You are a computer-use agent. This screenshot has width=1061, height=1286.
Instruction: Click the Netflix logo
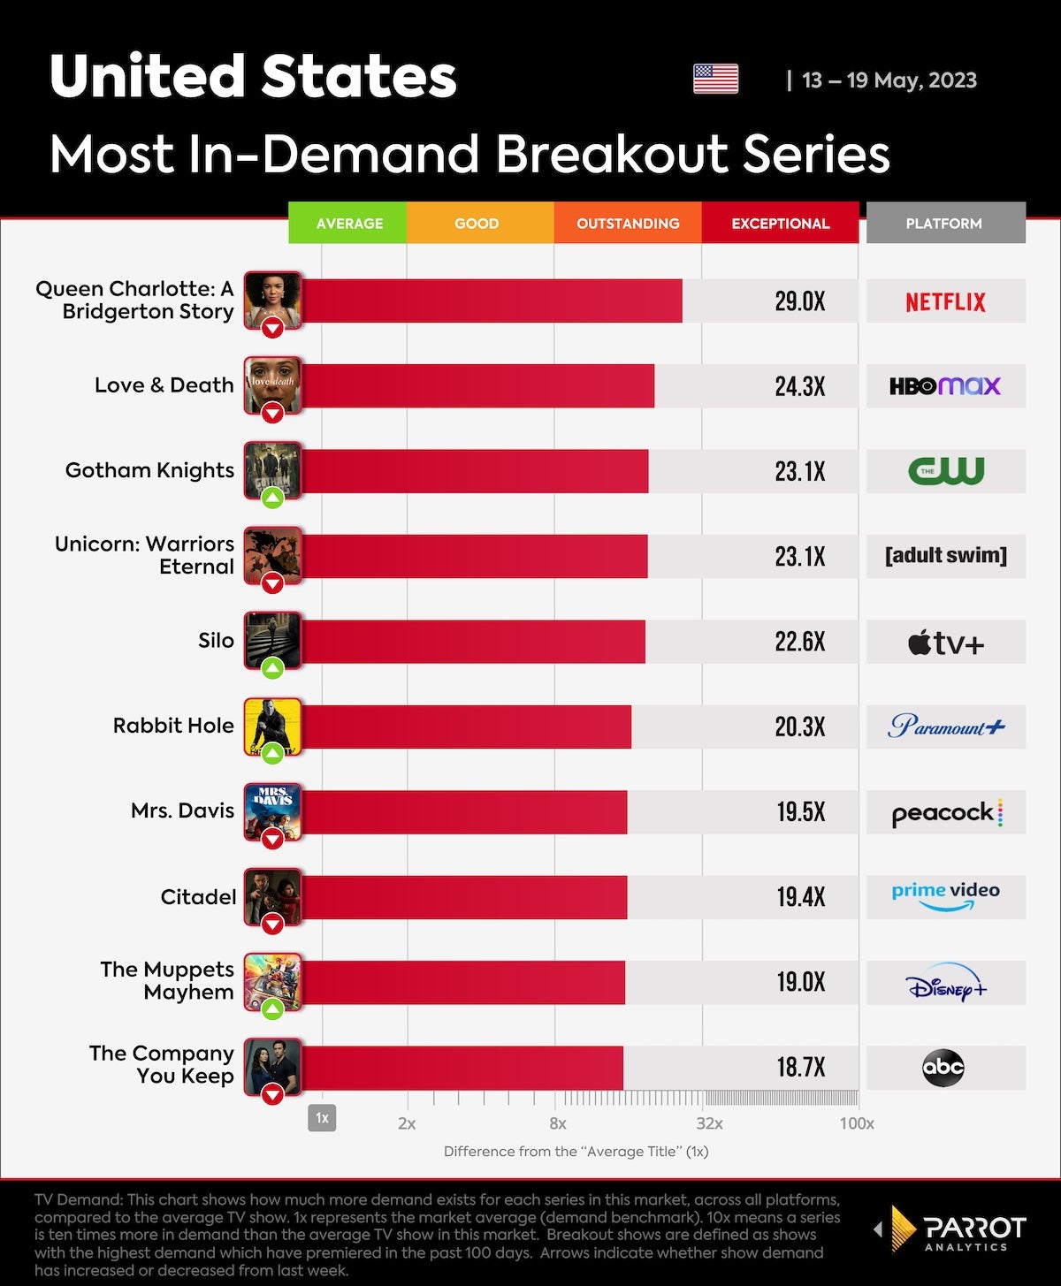(x=945, y=301)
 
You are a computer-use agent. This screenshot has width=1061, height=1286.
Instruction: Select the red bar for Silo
(x=473, y=642)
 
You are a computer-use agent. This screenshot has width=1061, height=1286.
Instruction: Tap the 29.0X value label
(x=799, y=301)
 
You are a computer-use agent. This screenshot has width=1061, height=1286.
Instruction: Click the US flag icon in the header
(x=715, y=80)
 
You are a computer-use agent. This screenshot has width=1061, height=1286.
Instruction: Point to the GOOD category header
(x=477, y=224)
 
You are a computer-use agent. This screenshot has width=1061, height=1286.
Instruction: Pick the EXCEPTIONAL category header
(x=780, y=224)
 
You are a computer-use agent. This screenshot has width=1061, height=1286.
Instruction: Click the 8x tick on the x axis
(x=557, y=1123)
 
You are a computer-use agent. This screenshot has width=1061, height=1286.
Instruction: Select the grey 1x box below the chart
(x=322, y=1118)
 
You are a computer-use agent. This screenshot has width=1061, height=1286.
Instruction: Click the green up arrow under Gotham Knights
(x=272, y=498)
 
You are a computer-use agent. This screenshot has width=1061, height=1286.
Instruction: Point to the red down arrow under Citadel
(x=272, y=925)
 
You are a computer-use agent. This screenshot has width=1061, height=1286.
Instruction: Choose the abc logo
(x=943, y=1068)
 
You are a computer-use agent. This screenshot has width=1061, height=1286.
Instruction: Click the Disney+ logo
(x=945, y=983)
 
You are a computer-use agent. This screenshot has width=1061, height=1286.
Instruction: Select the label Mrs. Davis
(x=182, y=810)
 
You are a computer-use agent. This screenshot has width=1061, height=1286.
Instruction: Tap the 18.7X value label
(x=800, y=1068)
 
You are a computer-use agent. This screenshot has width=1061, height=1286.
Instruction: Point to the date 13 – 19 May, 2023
(x=889, y=80)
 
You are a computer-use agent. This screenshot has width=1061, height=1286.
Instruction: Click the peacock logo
(x=945, y=812)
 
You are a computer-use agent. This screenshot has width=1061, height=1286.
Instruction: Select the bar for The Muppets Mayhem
(x=462, y=983)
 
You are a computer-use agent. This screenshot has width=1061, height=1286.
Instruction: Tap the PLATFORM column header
(x=943, y=224)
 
